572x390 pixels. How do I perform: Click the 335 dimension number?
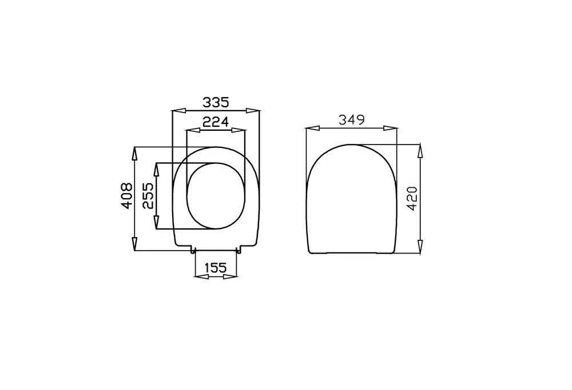click(216, 102)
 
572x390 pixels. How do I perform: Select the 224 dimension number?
click(216, 122)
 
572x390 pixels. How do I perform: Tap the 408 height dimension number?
click(126, 195)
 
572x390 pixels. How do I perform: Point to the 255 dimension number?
click(148, 195)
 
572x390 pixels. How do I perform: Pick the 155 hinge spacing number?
click(216, 268)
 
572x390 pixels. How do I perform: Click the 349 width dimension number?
click(352, 119)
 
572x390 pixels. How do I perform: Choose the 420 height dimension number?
click(412, 199)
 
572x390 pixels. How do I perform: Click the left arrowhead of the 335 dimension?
click(178, 111)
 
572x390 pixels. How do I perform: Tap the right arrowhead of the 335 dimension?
click(252, 111)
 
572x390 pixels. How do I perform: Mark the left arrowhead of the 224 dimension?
click(193, 130)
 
